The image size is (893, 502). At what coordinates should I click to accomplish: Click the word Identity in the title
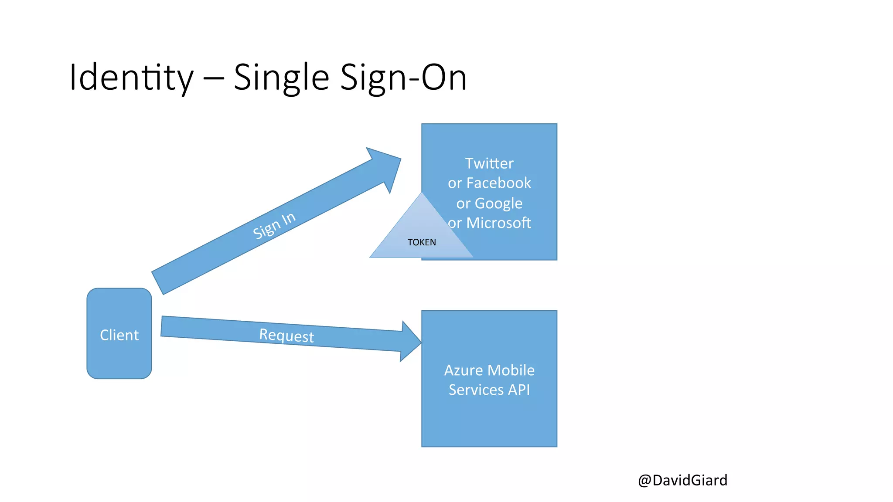[x=131, y=78]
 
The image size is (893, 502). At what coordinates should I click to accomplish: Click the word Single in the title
[x=281, y=78]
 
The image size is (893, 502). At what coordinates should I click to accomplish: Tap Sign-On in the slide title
[x=403, y=78]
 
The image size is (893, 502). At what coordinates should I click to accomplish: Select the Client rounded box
[x=119, y=334]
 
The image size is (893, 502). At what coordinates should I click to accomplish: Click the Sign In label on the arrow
[x=274, y=225]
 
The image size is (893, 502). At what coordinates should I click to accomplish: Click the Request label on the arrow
[x=286, y=336]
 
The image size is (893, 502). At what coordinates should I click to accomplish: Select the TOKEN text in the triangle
[x=422, y=242]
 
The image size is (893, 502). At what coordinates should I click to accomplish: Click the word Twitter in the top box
[x=489, y=163]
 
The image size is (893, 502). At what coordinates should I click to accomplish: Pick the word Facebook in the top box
[x=499, y=183]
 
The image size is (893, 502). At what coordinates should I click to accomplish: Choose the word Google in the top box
[x=498, y=204]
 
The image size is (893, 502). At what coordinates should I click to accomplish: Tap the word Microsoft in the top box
[x=499, y=223]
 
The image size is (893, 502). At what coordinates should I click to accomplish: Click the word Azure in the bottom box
[x=464, y=370]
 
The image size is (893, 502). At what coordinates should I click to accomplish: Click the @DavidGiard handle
[x=682, y=480]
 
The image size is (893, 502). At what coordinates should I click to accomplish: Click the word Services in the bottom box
[x=476, y=390]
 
